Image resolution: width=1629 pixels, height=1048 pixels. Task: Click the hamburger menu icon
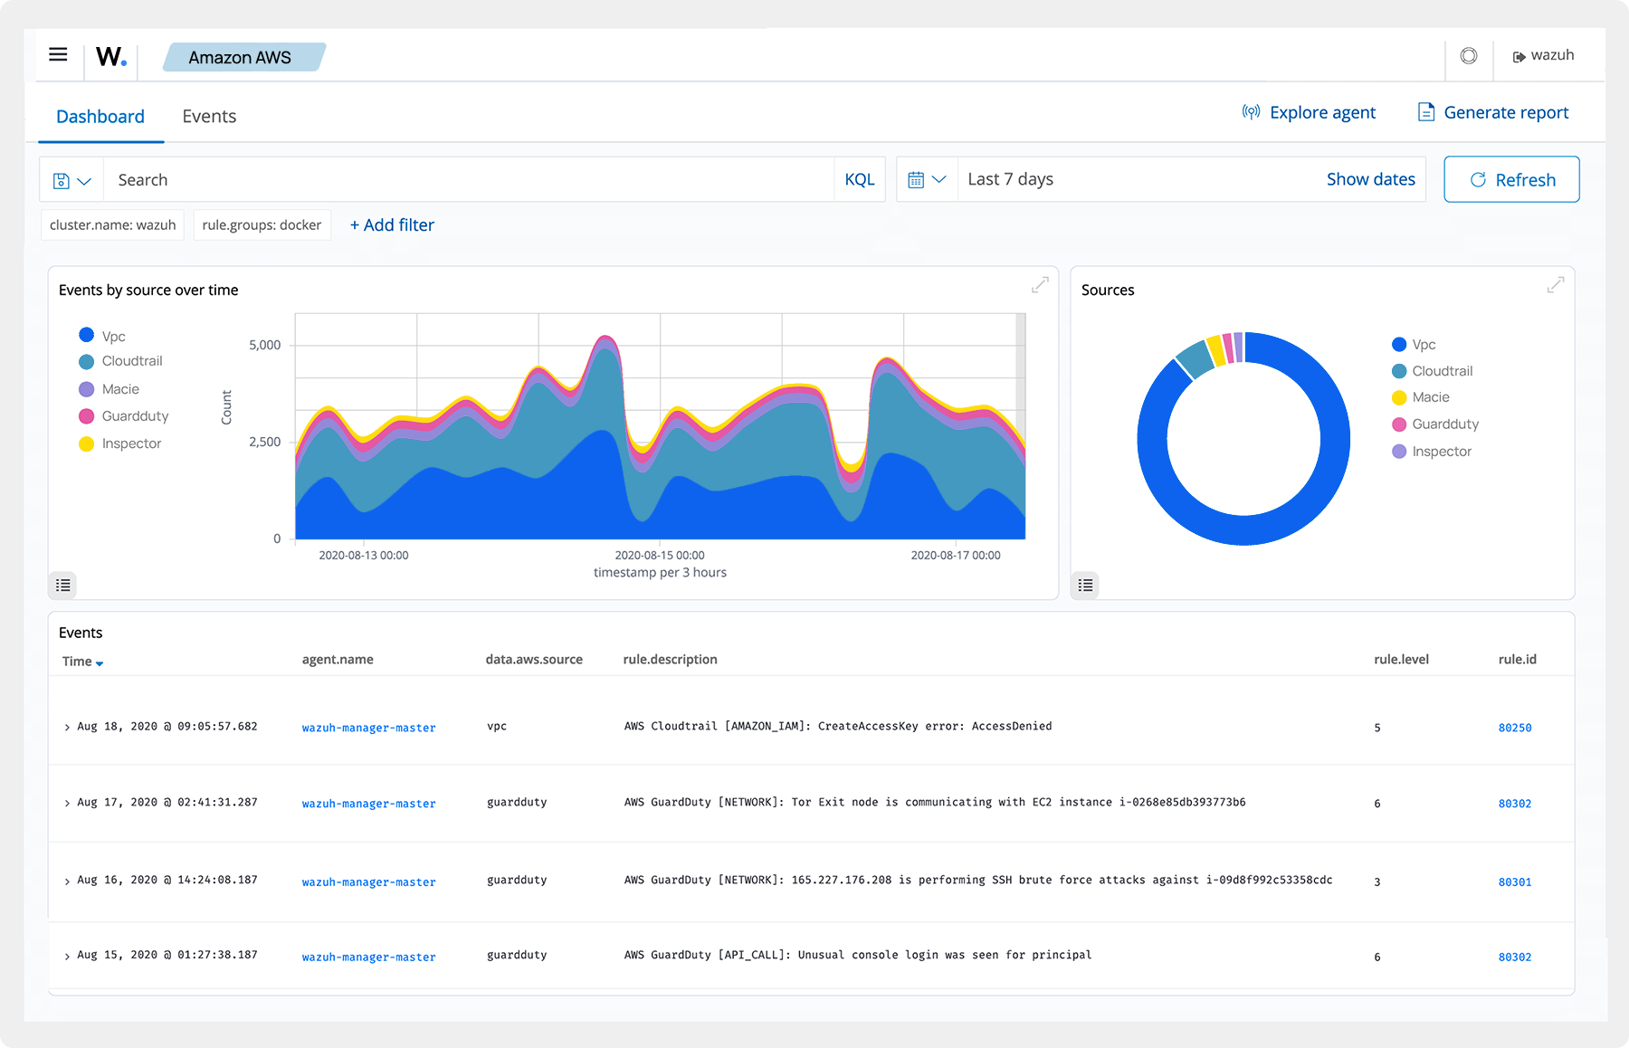pyautogui.click(x=58, y=55)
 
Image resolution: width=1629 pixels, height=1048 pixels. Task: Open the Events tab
pyautogui.click(x=209, y=117)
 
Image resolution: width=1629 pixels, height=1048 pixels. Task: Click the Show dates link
pyautogui.click(x=1370, y=180)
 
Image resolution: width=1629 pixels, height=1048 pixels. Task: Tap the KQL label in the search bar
pyautogui.click(x=859, y=180)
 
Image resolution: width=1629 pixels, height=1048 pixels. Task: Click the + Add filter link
pyautogui.click(x=392, y=225)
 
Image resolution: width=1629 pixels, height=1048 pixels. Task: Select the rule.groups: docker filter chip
pyautogui.click(x=262, y=225)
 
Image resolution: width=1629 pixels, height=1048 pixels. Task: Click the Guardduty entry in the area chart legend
pyautogui.click(x=135, y=416)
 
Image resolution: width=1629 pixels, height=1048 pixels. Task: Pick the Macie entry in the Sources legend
pyautogui.click(x=1430, y=397)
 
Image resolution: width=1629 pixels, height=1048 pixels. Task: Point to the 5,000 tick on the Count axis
pyautogui.click(x=264, y=346)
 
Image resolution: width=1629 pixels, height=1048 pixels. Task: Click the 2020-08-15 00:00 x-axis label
pyautogui.click(x=659, y=556)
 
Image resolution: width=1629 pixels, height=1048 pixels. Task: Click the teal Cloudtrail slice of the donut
pyautogui.click(x=1196, y=359)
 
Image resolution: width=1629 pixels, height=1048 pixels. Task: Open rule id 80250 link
pyautogui.click(x=1514, y=728)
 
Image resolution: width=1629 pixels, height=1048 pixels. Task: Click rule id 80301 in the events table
pyautogui.click(x=1514, y=882)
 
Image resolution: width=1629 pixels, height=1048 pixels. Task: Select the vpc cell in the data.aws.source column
pyautogui.click(x=497, y=727)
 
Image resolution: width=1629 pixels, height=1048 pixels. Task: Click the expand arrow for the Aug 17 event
pyautogui.click(x=67, y=804)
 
